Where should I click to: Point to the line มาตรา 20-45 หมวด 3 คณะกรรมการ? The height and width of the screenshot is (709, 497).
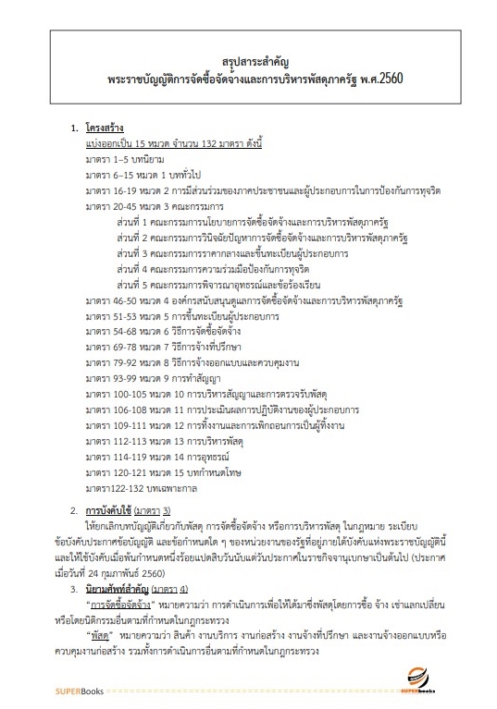[x=155, y=209]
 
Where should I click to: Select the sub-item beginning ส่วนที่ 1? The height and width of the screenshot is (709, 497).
[x=242, y=226]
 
